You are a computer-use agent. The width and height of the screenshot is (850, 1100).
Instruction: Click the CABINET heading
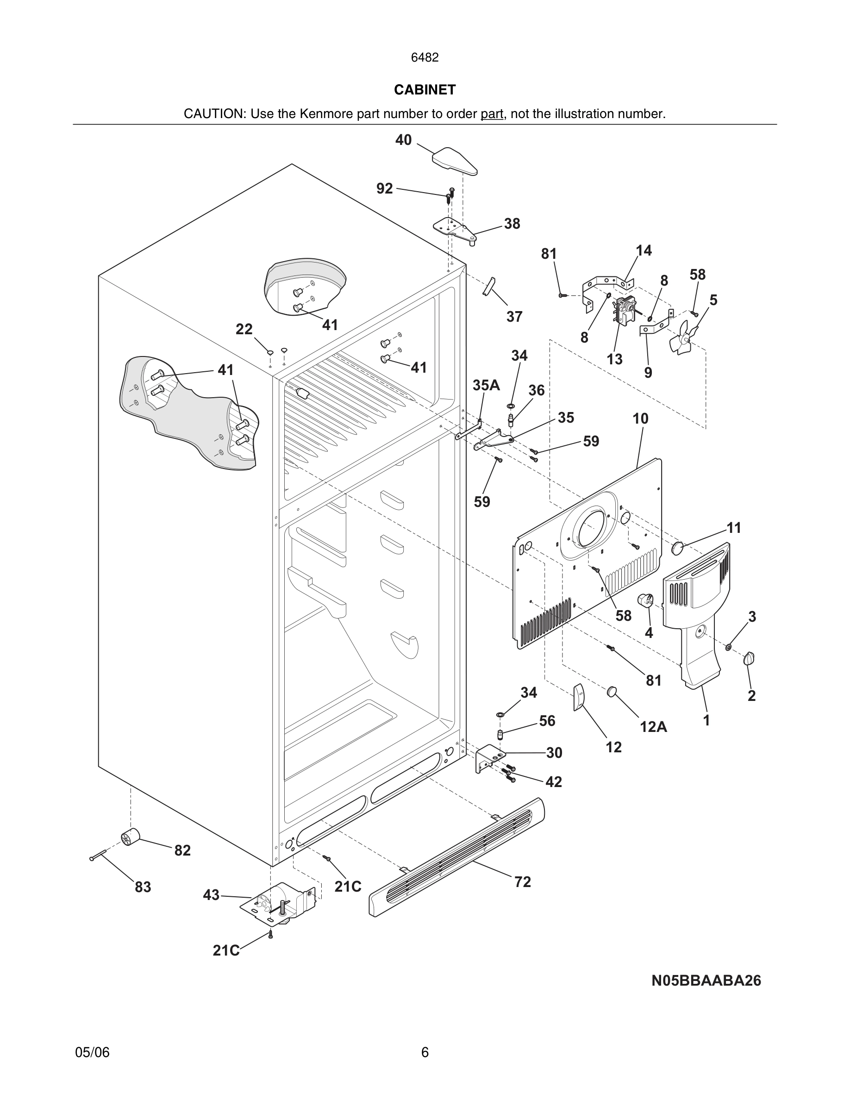pos(425,90)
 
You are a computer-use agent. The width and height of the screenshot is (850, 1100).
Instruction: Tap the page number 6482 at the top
pos(425,57)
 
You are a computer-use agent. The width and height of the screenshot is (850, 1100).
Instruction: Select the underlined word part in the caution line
pos(492,114)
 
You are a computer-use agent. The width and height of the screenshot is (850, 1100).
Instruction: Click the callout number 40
pos(403,140)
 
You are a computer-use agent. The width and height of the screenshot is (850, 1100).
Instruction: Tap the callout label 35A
pos(486,385)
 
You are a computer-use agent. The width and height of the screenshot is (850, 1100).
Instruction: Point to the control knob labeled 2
pos(749,658)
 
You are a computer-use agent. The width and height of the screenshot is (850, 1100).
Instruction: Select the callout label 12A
pos(653,727)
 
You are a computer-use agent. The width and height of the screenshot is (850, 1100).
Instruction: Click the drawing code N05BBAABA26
pos(706,981)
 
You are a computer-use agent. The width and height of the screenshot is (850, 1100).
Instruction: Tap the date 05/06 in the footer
pos(92,1052)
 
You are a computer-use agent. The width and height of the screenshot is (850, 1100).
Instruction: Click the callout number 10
pos(641,419)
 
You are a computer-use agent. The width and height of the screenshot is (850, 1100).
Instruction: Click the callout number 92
pos(384,188)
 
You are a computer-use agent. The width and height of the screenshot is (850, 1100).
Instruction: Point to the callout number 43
pos(211,895)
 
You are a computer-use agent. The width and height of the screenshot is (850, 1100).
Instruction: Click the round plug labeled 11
pos(678,548)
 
